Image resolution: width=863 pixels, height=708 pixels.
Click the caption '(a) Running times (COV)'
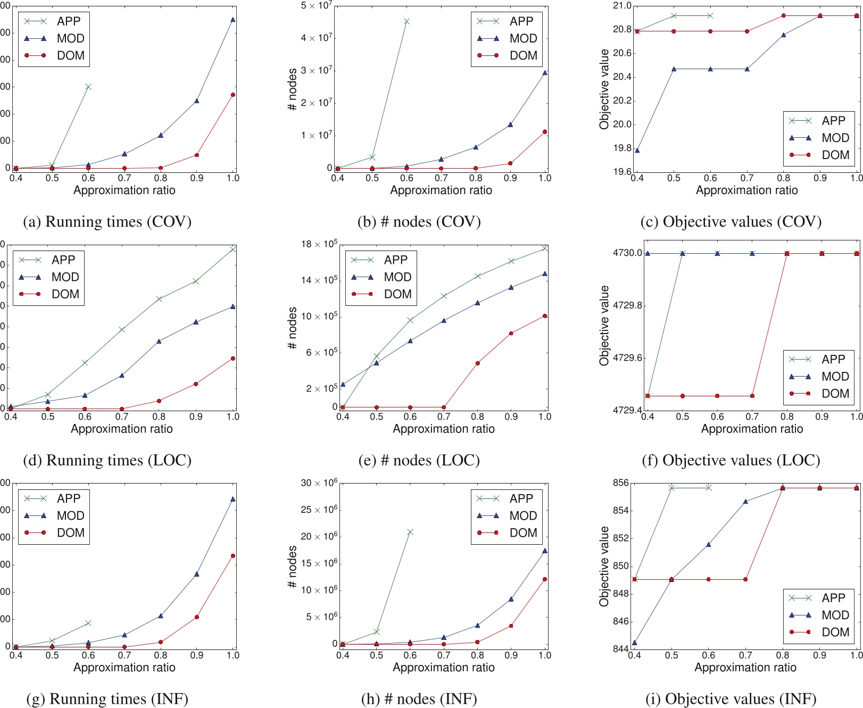coord(107,221)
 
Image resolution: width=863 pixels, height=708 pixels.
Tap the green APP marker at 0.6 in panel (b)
coord(406,21)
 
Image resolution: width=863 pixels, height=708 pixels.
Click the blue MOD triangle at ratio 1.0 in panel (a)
coord(233,20)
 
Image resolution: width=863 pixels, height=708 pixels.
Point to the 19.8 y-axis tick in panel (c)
coord(622,148)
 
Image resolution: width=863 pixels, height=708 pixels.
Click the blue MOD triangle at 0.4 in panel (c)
coord(637,151)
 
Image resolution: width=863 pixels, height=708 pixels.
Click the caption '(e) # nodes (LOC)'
coord(419,460)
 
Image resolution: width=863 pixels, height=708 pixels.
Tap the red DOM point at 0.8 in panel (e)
coord(478,363)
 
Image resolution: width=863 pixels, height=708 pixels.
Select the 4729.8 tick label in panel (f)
coord(627,305)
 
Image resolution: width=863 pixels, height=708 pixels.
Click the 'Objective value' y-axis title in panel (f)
coord(604,326)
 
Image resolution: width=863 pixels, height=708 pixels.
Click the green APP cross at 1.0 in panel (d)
coord(233,249)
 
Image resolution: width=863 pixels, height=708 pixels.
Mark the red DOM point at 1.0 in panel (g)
coord(233,556)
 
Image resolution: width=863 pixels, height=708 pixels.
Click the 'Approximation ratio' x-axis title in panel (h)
coord(444,667)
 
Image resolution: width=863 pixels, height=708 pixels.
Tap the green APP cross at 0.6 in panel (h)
coord(410,532)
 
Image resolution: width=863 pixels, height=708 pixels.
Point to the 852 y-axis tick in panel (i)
coord(620,538)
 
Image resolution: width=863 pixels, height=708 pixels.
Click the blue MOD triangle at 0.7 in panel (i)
coord(745,501)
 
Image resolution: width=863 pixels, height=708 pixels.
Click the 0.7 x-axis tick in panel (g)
coord(125,655)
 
